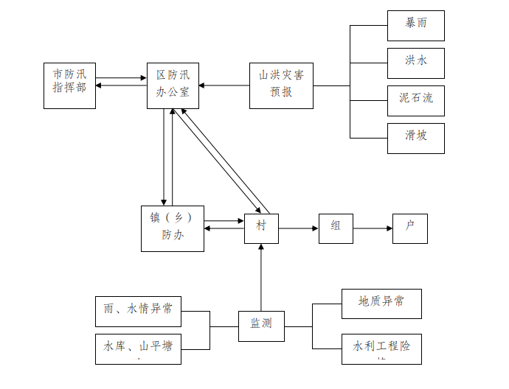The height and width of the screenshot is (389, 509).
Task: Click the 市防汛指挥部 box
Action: point(69,85)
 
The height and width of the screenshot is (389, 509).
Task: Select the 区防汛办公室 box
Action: point(173,85)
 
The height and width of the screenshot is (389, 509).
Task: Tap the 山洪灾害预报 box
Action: point(281,85)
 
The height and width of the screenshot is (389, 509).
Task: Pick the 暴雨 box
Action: point(415,26)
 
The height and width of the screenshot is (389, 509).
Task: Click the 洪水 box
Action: point(415,63)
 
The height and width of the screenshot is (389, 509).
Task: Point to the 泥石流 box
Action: point(415,100)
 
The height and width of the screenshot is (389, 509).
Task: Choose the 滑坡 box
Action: point(415,138)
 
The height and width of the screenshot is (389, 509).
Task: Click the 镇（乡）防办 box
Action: point(173,228)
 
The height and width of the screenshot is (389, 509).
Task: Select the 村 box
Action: point(261,228)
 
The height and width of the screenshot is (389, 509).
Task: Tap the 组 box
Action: point(336,228)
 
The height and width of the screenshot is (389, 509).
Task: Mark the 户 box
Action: point(409,228)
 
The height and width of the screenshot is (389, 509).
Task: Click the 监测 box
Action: point(261,326)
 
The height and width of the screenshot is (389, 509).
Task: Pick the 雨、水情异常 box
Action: point(138,311)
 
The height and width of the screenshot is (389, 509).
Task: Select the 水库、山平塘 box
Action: point(138,348)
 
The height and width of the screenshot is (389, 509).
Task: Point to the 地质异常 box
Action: point(381,303)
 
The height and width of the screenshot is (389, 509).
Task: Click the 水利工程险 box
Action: point(381,348)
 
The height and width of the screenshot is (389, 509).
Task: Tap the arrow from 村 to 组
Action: point(298,228)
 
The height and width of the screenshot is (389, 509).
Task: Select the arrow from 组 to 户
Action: point(373,228)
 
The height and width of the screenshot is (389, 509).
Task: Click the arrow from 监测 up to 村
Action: point(261,277)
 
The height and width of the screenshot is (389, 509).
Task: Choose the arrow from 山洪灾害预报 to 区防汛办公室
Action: point(224,85)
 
